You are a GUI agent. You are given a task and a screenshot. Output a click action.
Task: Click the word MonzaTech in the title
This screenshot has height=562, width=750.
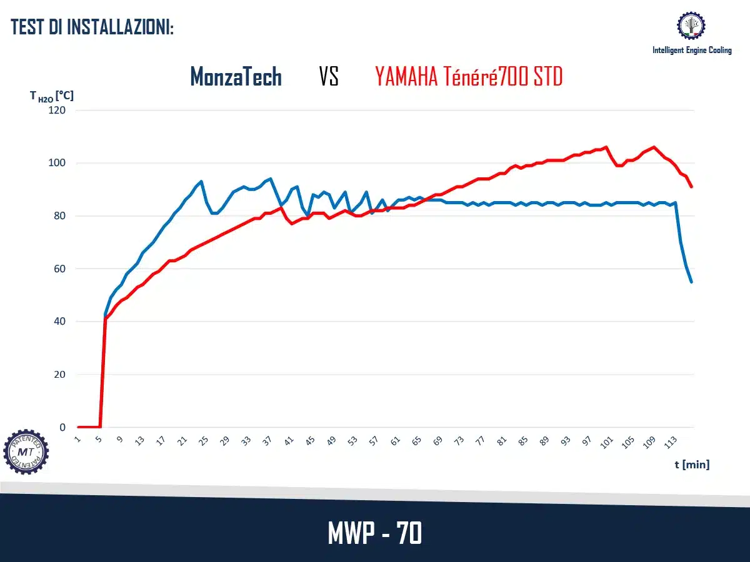tap(236, 77)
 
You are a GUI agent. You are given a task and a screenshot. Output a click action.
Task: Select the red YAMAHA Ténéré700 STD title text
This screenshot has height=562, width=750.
tap(469, 77)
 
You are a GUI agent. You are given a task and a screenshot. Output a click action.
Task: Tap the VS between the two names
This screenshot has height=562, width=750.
tap(329, 77)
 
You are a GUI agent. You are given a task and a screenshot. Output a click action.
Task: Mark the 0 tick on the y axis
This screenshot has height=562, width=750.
tap(62, 428)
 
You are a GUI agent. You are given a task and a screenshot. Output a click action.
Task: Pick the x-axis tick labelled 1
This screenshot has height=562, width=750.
tap(77, 440)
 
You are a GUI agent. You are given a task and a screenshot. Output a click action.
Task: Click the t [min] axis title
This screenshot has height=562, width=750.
tap(692, 465)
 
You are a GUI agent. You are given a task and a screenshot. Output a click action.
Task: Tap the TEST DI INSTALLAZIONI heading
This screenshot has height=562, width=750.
tap(92, 27)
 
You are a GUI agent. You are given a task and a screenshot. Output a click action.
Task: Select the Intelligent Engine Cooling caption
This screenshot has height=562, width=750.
tap(692, 50)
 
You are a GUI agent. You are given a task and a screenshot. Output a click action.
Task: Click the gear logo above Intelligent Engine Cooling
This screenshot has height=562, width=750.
tap(691, 26)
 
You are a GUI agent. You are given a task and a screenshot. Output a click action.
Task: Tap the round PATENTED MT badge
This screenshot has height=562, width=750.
tap(26, 451)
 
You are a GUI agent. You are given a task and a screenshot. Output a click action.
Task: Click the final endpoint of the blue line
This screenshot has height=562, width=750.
tap(692, 282)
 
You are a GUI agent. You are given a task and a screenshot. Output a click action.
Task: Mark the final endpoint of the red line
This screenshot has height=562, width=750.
tap(692, 187)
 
